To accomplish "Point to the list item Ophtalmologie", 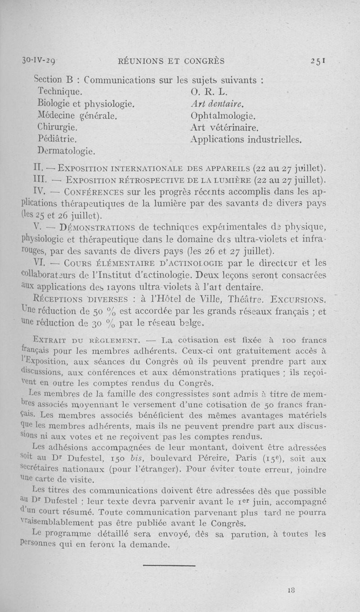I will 223,116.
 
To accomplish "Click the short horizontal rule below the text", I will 169,565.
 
